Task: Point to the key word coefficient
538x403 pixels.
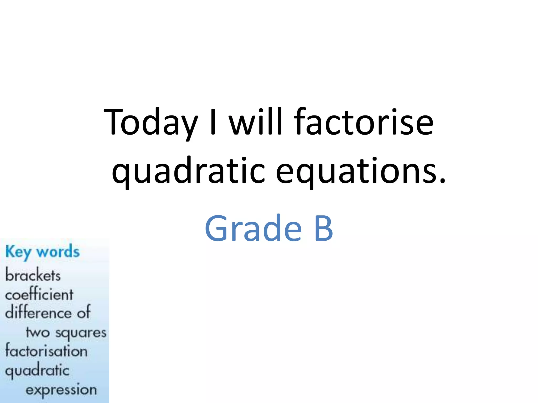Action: pos(39,294)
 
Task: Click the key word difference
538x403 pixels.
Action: pos(38,313)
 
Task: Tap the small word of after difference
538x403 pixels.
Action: pos(84,312)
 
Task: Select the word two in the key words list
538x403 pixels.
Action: pos(38,333)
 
